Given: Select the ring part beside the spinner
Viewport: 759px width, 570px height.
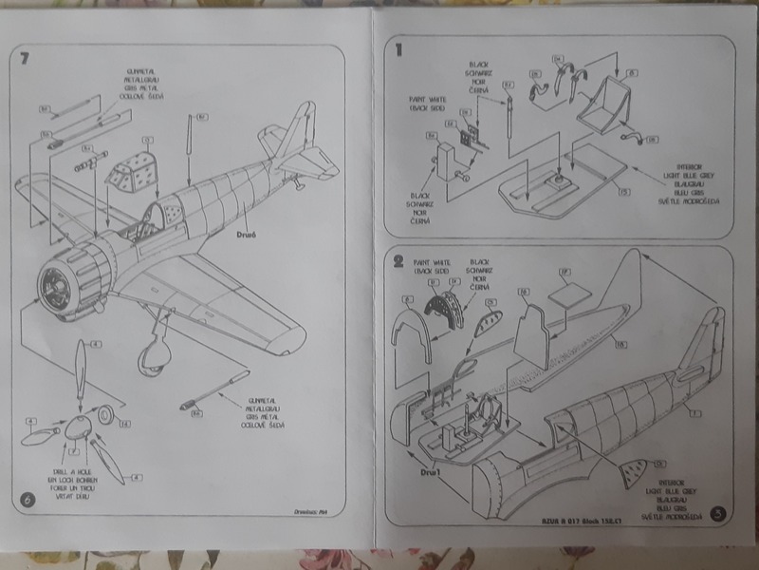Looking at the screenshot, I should pyautogui.click(x=106, y=412).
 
